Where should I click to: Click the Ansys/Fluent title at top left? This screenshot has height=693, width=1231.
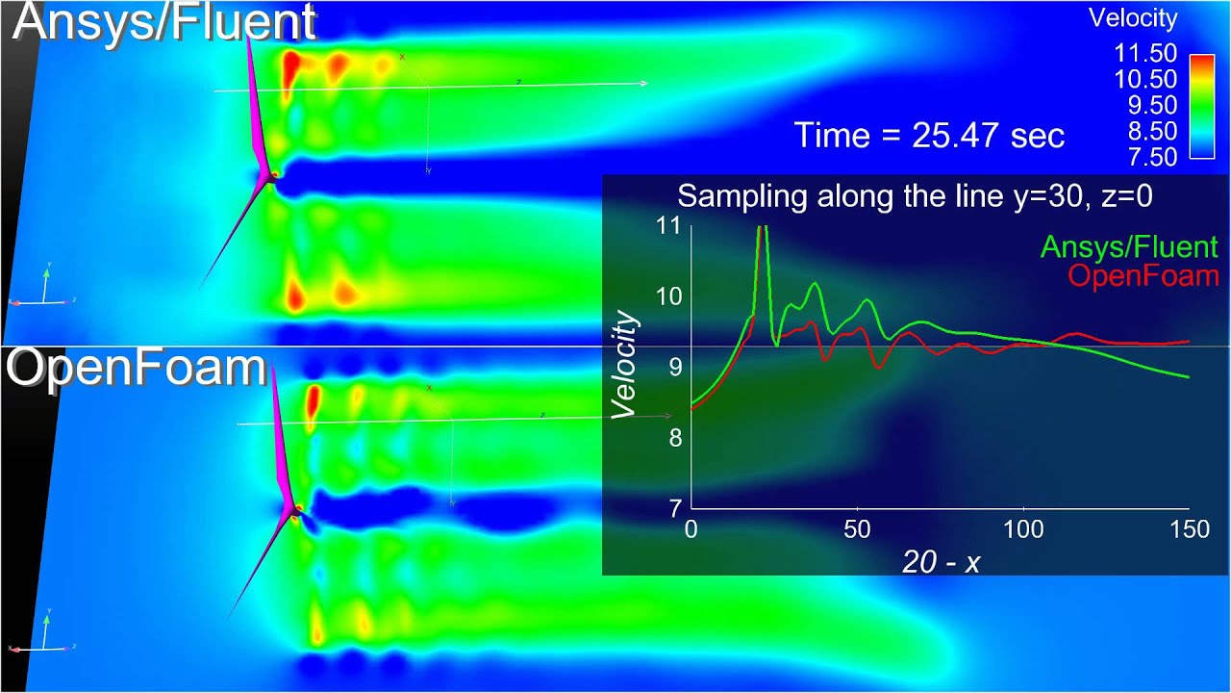pyautogui.click(x=163, y=23)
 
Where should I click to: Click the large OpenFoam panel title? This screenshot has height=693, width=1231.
pyautogui.click(x=136, y=368)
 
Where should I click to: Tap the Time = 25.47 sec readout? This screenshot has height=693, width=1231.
pyautogui.click(x=929, y=135)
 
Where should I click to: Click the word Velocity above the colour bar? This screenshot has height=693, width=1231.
pyautogui.click(x=1132, y=17)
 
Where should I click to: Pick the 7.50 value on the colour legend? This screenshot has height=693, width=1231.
pyautogui.click(x=1143, y=156)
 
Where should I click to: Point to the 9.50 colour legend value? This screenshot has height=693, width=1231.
pyautogui.click(x=1143, y=105)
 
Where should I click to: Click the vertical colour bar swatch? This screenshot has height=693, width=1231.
pyautogui.click(x=1201, y=105)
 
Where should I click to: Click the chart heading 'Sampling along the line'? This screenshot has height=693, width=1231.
pyautogui.click(x=915, y=196)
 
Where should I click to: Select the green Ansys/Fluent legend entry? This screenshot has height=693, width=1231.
pyautogui.click(x=1128, y=247)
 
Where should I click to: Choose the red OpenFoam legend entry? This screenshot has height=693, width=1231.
pyautogui.click(x=1143, y=276)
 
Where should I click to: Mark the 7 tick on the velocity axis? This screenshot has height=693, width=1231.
pyautogui.click(x=676, y=506)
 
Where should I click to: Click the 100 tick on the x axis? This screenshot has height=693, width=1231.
pyautogui.click(x=1023, y=529)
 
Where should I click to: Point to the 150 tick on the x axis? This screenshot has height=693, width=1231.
pyautogui.click(x=1189, y=529)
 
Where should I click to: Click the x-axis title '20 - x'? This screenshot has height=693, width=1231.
pyautogui.click(x=941, y=562)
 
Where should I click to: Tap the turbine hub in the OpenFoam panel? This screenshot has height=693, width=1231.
pyautogui.click(x=298, y=508)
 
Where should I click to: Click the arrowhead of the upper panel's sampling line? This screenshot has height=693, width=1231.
pyautogui.click(x=643, y=84)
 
